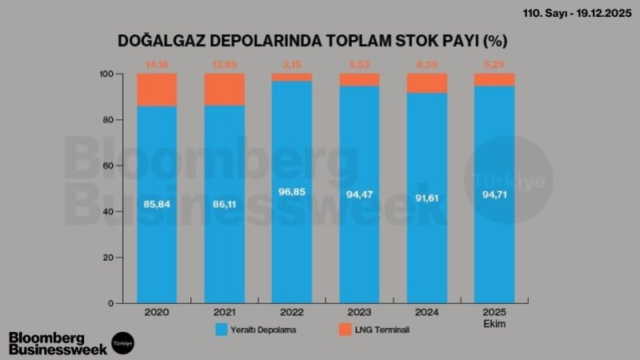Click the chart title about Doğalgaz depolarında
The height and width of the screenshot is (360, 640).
point(313,41)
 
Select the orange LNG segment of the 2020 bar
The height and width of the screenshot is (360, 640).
point(157,90)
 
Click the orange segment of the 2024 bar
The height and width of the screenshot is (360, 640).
point(427,83)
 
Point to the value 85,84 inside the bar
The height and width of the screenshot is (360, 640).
point(157,205)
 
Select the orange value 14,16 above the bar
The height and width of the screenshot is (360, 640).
point(157,62)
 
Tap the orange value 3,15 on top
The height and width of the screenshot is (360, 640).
point(292,62)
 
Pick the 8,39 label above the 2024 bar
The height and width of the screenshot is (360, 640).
point(427,62)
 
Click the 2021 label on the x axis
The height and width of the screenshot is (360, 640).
point(224,312)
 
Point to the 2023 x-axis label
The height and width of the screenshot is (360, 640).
point(359,312)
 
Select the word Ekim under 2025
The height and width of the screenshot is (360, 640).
point(494,323)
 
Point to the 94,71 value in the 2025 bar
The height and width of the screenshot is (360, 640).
point(494,194)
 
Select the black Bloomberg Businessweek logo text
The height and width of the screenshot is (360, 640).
point(55,342)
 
